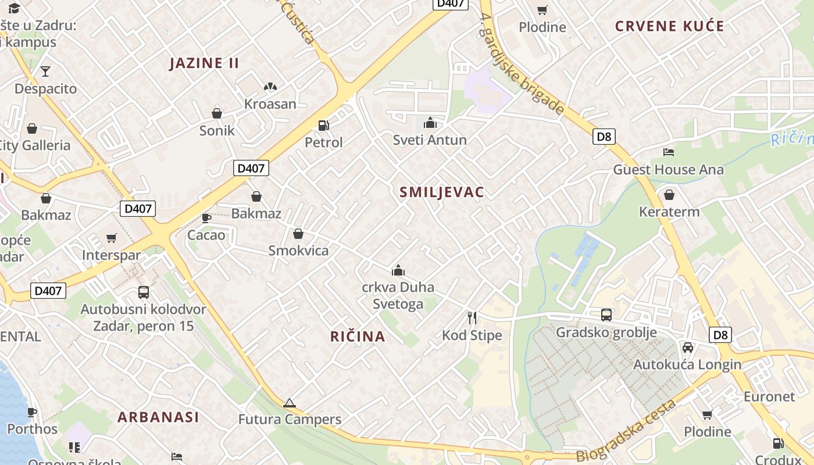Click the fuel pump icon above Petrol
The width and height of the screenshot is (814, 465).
coord(323,125)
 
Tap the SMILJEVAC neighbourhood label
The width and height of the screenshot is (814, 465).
coord(442,192)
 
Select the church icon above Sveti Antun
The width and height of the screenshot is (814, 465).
coord(430,123)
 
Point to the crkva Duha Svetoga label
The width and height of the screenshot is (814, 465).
coord(398,296)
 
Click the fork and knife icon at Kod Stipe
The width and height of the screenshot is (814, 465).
coord(472,317)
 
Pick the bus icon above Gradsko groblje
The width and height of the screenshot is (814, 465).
coord(606,315)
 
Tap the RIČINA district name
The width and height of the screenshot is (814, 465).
coord(358,336)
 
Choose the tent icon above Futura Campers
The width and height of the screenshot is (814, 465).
coord(290,403)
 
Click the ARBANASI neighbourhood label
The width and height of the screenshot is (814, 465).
coord(158,417)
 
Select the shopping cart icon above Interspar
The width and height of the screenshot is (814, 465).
coord(112,238)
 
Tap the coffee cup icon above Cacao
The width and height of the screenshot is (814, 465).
coord(206,218)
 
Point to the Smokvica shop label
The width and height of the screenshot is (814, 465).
coord(298,251)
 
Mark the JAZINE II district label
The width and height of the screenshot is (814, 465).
coord(204,63)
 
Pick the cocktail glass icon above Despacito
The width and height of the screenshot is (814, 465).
coord(45,71)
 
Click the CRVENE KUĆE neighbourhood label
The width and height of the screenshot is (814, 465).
coord(670,26)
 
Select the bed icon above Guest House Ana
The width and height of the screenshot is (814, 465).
coord(669,152)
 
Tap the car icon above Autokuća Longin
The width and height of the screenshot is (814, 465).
coord(687,347)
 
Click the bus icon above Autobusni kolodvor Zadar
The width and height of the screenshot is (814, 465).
coord(144,292)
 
